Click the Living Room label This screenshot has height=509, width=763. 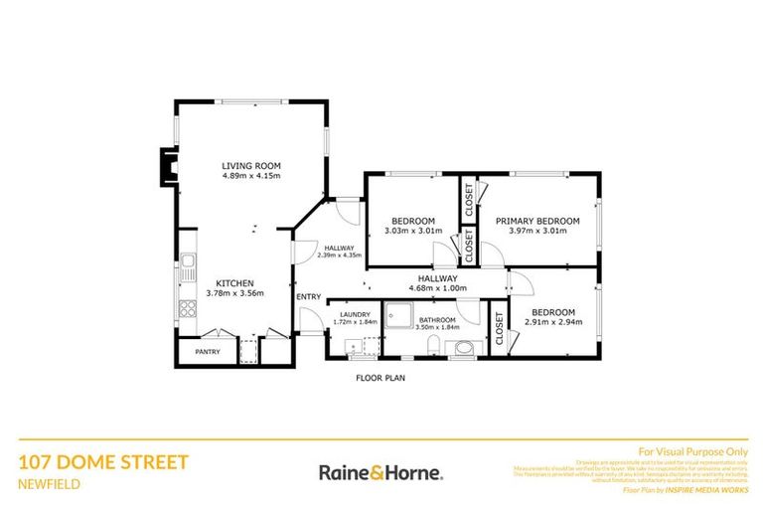click(251, 165)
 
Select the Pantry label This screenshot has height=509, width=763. click(208, 351)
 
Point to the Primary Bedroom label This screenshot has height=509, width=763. click(536, 220)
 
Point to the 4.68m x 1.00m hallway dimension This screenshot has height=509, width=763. click(437, 289)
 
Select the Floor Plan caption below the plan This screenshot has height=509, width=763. click(381, 378)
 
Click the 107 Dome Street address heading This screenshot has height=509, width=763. click(102, 462)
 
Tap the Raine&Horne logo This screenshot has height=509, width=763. click(381, 472)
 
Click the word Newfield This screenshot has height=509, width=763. click(50, 484)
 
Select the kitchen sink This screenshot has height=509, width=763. click(187, 264)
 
